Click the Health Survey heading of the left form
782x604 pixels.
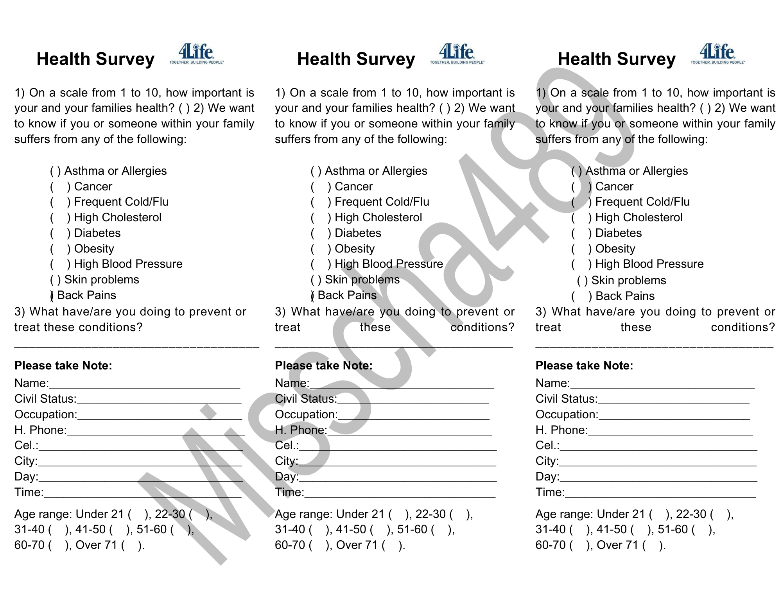(95, 59)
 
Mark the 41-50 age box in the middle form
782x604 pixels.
(379, 530)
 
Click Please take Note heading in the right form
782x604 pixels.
(584, 366)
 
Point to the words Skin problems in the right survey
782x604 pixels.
(628, 281)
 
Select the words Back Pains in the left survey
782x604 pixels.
(86, 296)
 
